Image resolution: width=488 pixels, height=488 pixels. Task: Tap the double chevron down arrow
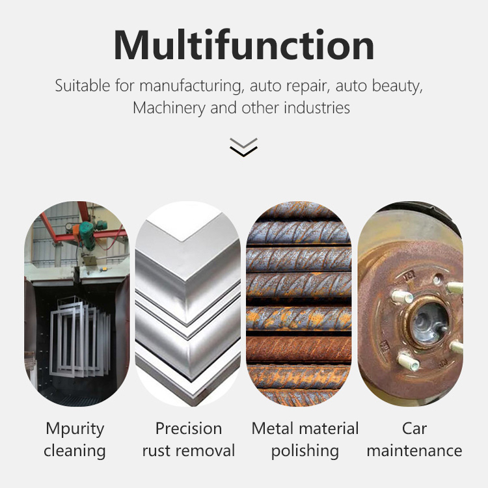pos(243,147)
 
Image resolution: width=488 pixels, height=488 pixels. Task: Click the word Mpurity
pos(75,429)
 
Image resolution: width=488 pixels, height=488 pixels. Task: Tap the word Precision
pos(189,429)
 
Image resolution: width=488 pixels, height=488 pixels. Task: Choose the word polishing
pos(305,451)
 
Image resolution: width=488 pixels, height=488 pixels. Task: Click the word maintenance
pos(414,451)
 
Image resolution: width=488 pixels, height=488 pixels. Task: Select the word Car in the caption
pos(414,429)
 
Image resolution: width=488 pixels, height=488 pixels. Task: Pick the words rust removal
pos(189,451)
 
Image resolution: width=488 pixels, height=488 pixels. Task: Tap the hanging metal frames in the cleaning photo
pos(77,338)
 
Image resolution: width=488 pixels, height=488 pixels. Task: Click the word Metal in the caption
pos(273,429)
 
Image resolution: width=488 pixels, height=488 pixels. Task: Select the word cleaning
pos(75,451)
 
